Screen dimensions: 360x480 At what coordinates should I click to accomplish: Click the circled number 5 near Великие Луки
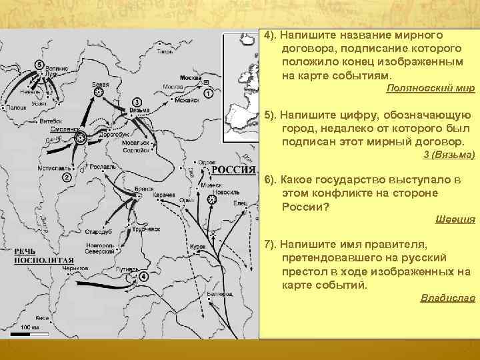click(x=39, y=64)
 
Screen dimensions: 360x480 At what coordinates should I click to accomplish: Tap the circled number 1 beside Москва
click(x=209, y=94)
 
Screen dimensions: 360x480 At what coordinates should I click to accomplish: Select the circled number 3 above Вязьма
click(x=137, y=100)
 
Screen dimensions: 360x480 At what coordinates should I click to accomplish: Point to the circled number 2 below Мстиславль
click(x=67, y=177)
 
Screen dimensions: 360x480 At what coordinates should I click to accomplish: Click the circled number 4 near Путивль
click(x=145, y=275)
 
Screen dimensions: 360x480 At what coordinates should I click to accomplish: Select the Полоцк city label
click(x=17, y=107)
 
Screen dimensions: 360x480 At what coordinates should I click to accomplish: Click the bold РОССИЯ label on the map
click(x=233, y=169)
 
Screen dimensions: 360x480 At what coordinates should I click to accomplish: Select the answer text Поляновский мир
click(x=430, y=89)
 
